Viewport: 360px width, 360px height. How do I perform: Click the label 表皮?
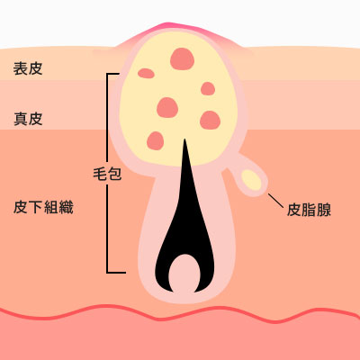28,68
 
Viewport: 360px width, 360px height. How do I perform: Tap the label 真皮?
28,119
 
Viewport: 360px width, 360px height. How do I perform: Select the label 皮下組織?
43,207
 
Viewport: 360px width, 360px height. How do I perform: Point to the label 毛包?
107,174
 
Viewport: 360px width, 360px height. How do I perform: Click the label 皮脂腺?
309,210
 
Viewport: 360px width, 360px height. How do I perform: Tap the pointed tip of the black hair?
184,139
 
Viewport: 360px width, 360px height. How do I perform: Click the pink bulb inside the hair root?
184,274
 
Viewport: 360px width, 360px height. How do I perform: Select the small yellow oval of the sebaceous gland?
251,180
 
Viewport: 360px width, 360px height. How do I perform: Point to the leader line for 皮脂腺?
275,201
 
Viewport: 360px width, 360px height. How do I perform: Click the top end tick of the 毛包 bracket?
113,74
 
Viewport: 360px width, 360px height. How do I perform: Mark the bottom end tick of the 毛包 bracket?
116,273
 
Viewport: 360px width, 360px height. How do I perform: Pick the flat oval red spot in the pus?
146,73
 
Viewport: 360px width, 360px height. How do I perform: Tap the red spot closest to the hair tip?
156,140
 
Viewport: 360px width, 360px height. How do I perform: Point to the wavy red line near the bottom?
180,314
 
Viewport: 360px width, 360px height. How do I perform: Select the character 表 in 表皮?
21,68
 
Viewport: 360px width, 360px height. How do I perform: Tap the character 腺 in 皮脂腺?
324,210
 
